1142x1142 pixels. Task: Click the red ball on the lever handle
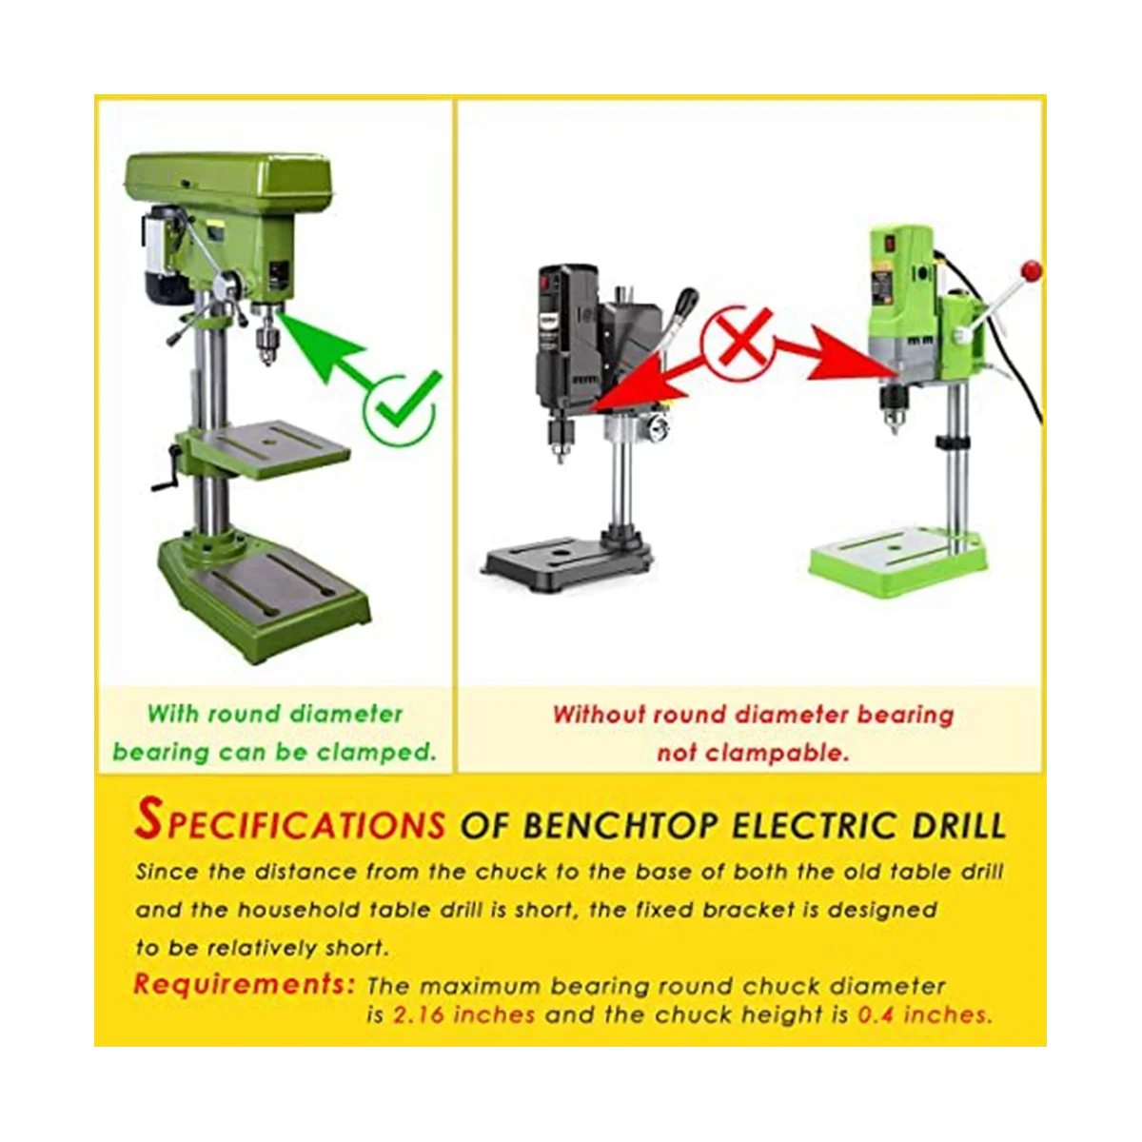click(1030, 271)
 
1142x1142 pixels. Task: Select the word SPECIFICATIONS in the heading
click(290, 821)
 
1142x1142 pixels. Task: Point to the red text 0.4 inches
click(924, 1014)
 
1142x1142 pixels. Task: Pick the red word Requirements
click(244, 984)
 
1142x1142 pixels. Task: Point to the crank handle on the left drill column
click(163, 472)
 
